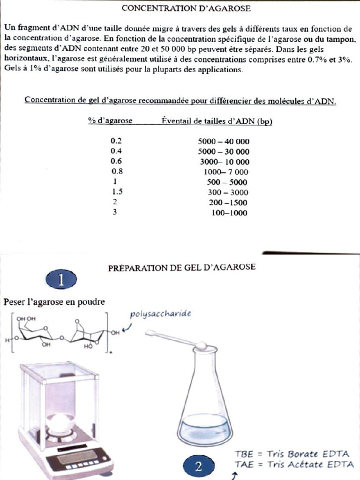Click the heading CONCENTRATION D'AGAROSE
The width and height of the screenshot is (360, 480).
point(186,8)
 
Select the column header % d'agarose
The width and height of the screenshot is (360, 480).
point(110,120)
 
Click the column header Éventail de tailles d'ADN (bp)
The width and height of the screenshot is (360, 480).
point(217,120)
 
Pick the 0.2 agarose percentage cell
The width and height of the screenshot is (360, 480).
point(116,141)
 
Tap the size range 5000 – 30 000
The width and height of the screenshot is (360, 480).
point(224,151)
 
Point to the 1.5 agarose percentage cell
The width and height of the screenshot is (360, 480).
point(118,192)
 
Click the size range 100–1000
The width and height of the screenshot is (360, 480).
point(229,213)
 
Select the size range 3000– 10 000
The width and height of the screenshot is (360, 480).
point(225,162)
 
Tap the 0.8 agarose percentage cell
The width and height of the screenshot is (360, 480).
point(116,172)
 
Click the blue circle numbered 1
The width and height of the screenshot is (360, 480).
point(61,280)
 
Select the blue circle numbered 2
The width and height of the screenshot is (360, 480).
point(199,466)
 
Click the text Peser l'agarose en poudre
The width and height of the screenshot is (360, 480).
point(54,301)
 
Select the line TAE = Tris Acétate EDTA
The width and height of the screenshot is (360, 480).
point(294,464)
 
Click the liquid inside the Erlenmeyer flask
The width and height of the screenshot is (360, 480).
point(205,427)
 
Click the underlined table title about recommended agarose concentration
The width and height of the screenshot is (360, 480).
point(180,100)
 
